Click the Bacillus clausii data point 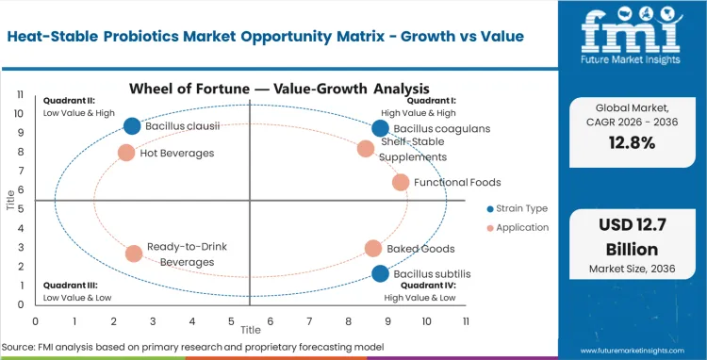click(x=132, y=126)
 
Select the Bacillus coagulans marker click(x=380, y=128)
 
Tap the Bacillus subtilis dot click(x=380, y=273)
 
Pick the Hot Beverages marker click(x=126, y=152)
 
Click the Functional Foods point click(x=401, y=182)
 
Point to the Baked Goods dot click(x=373, y=249)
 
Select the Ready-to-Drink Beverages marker click(x=134, y=253)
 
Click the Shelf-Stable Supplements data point click(x=366, y=148)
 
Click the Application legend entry click(x=519, y=227)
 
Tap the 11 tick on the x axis click(x=466, y=321)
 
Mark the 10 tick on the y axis click(x=19, y=113)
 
